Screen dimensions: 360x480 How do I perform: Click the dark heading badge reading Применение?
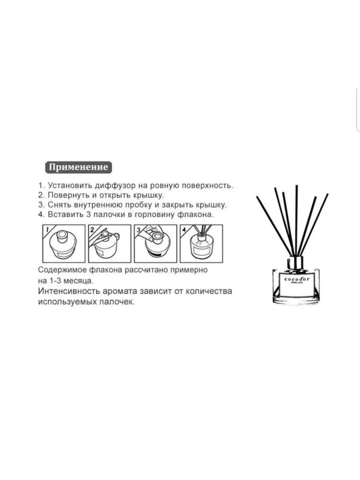[x=78, y=167]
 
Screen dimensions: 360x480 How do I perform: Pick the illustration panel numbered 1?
[x=64, y=244]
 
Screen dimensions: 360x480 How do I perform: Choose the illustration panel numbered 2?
[x=110, y=244]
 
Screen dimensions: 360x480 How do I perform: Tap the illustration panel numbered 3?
[x=156, y=244]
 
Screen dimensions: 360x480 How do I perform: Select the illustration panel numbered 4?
[x=201, y=244]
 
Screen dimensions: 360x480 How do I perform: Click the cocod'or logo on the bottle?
[x=297, y=279]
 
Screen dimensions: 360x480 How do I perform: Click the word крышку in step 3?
[x=211, y=205]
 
